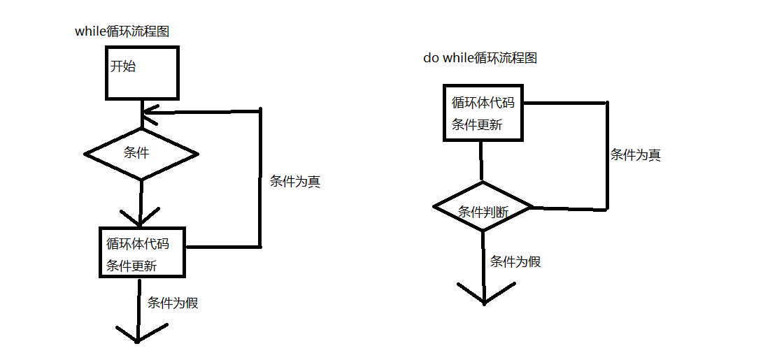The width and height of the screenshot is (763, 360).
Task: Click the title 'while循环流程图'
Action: pos(122,31)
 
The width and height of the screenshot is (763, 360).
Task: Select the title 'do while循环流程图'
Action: pos(480,58)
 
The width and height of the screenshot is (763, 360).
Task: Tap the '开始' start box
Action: pos(142,72)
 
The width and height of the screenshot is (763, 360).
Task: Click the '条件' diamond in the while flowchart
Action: pos(141,153)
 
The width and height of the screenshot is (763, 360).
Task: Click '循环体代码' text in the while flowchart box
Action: pos(137,244)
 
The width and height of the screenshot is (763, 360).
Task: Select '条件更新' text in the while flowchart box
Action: pos(131,266)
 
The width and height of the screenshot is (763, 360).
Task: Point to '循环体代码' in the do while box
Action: pos(483,103)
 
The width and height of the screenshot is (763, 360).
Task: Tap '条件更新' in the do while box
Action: pos(477,125)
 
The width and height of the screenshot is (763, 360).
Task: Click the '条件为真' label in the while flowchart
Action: pos(295,182)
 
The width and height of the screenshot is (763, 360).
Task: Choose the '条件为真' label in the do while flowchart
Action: pos(636,155)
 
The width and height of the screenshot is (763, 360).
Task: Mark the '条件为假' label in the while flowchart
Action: pos(173,303)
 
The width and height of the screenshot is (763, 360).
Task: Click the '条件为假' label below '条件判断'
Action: pos(515,262)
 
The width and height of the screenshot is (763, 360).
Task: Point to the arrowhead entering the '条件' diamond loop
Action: pos(147,113)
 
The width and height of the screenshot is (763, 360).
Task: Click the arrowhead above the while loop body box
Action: pos(141,214)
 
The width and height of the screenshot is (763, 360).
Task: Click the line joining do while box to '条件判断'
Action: pos(481,161)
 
